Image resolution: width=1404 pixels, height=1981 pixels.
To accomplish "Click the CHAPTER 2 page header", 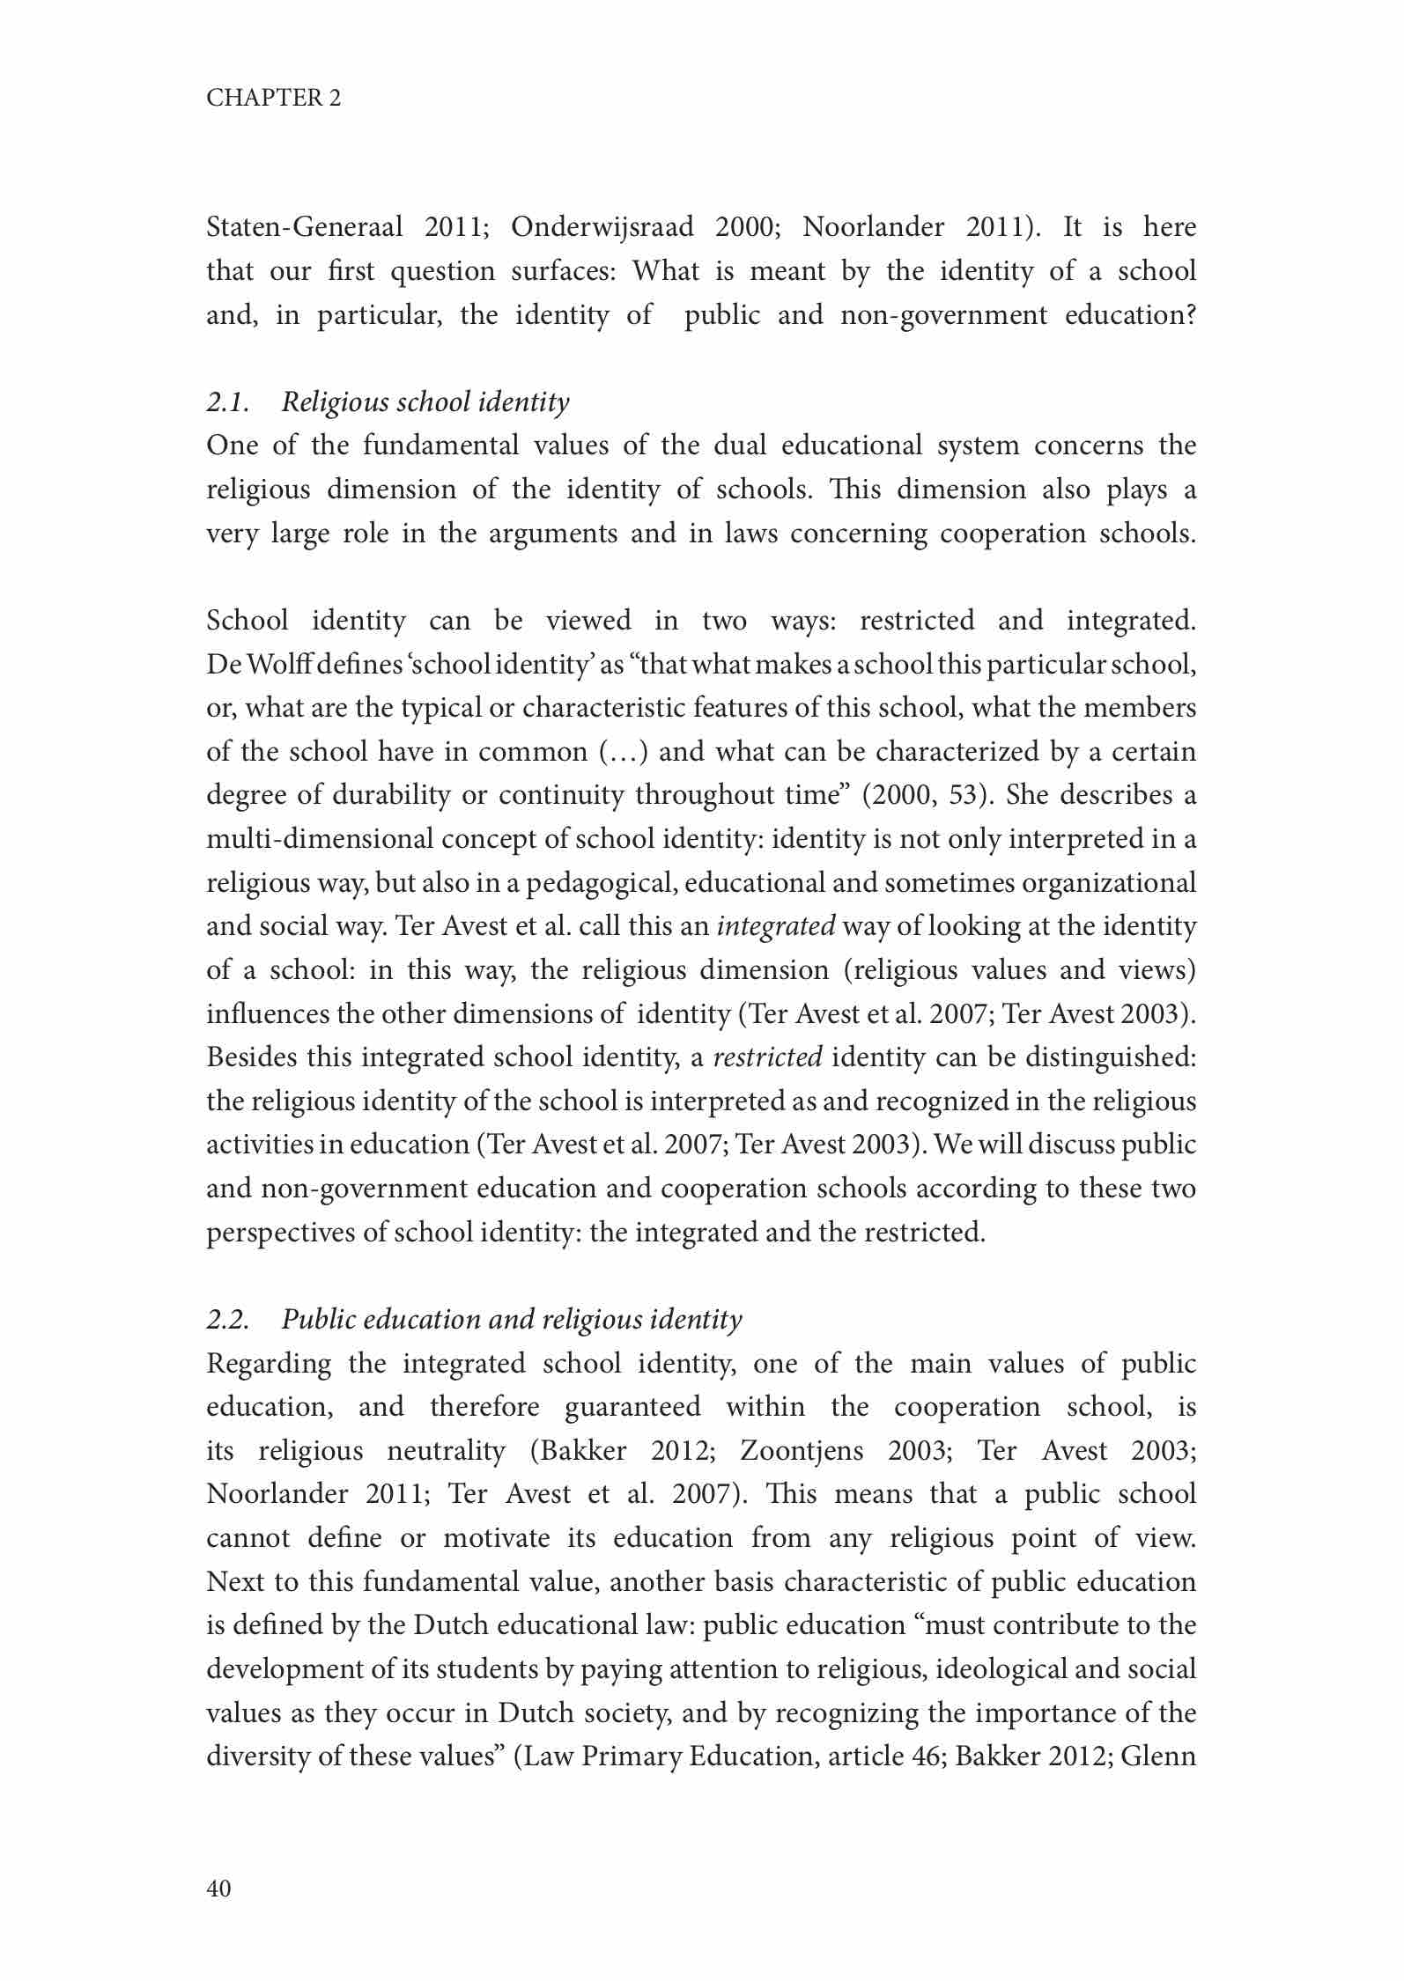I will [273, 98].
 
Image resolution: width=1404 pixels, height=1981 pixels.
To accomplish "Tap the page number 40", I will [218, 1888].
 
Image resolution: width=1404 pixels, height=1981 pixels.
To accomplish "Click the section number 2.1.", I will [227, 402].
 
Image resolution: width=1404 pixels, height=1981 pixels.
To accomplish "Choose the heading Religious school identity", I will [425, 402].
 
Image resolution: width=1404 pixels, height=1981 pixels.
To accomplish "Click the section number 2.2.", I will [227, 1320].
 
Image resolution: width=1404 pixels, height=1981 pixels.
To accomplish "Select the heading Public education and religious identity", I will [512, 1320].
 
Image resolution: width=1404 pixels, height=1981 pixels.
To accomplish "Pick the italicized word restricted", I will [767, 1057].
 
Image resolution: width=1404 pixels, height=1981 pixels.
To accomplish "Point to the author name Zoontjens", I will [802, 1451].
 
